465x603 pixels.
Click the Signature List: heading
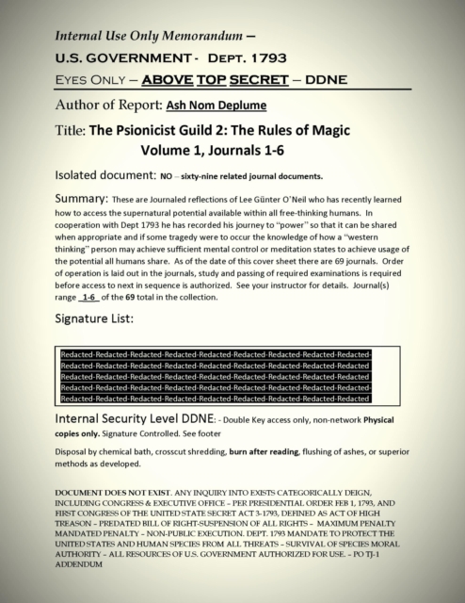tap(101, 321)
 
